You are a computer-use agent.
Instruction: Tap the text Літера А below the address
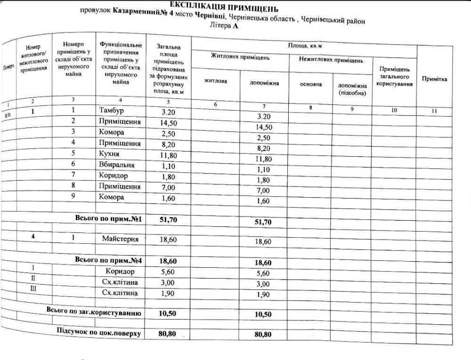[x=224, y=26]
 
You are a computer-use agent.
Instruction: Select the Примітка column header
[x=434, y=79]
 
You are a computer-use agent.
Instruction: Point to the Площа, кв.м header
[x=304, y=46]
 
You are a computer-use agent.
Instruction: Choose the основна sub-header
[x=311, y=84]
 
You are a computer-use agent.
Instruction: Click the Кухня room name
[x=109, y=154]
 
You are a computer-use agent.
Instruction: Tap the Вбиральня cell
[x=117, y=165]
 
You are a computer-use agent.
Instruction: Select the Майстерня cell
[x=120, y=239]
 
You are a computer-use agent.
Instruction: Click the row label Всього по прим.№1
[x=108, y=219]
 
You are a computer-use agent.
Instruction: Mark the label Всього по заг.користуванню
[x=93, y=312]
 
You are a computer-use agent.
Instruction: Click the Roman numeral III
[x=33, y=288]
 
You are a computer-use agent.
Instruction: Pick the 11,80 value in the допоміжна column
[x=263, y=159]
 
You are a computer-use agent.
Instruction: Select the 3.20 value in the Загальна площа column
[x=168, y=112]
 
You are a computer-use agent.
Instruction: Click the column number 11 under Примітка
[x=434, y=111]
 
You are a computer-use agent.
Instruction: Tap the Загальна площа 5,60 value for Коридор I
[x=168, y=272]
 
